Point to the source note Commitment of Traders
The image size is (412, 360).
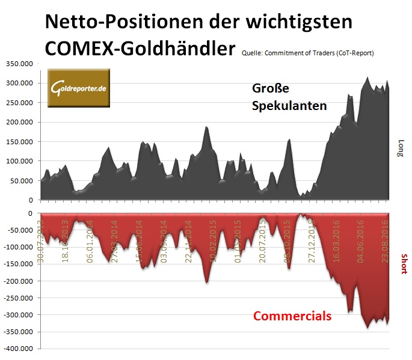coord(308,53)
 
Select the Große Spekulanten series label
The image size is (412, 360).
coord(289,97)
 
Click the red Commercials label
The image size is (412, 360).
coord(292,316)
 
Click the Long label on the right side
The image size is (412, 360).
coord(401,148)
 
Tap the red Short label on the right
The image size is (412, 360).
coord(402,262)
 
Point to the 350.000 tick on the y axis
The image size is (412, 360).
coord(20,64)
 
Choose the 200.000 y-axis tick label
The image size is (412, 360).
coord(20,122)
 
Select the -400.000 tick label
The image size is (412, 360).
coord(20,349)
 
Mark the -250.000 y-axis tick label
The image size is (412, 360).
coord(20,297)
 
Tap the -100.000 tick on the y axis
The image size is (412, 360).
coord(20,247)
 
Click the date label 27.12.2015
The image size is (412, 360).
coord(312,239)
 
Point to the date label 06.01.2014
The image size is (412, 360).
coord(90,239)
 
